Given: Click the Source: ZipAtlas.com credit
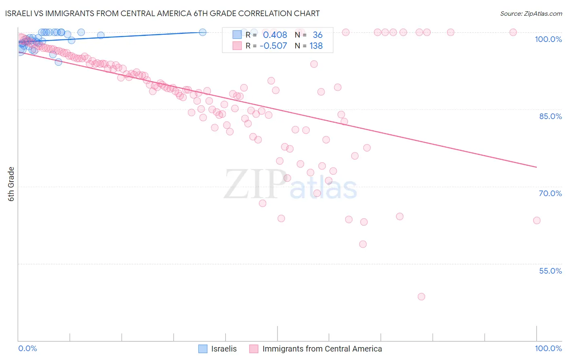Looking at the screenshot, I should pos(531,13).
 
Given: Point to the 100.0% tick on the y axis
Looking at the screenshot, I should pos(548,39).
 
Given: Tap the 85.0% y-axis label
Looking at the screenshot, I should pos(550,116).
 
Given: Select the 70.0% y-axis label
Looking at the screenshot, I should pos(550,193).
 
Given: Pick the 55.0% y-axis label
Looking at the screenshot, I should pos(550,271).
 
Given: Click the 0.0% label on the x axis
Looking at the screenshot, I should pos(27,348).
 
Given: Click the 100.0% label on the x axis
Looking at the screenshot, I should pos(548,348).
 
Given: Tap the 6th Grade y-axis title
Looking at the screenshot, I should pos(11,184).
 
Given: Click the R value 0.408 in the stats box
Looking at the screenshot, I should pos(275,35).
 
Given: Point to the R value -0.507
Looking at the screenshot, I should pos(273,46).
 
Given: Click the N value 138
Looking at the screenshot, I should pos(316,46).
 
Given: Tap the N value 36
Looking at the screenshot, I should pos(317,35).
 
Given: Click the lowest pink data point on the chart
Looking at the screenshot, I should pos(421,297).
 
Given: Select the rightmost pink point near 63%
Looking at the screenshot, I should pos(536,220).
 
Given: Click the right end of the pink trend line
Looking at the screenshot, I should pos(536,167).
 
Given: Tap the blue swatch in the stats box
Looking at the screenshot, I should pos(237,35).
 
